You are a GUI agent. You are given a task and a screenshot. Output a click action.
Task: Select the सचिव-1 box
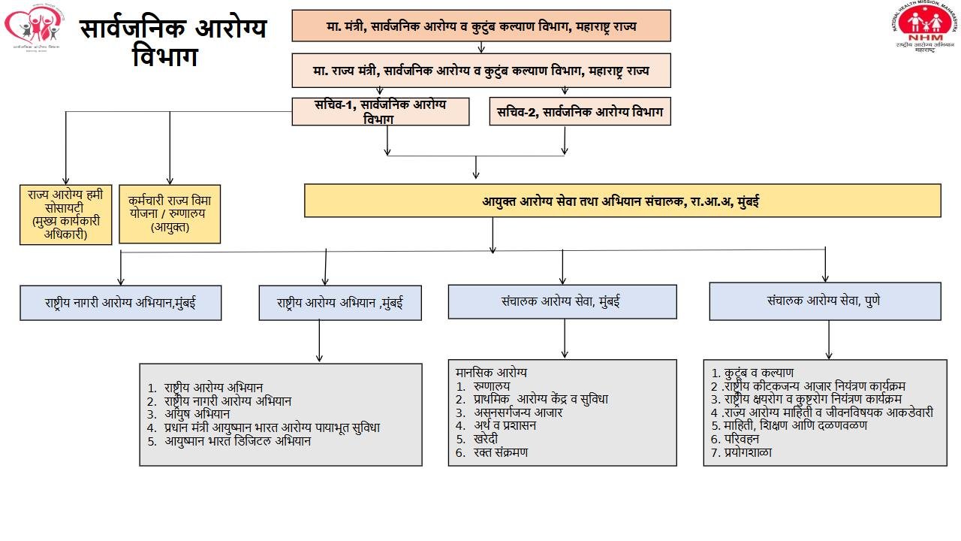tap(380, 111)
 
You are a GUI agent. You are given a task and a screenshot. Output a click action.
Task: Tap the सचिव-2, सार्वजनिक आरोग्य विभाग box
tap(580, 111)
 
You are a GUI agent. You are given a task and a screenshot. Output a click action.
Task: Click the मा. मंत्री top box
tap(480, 26)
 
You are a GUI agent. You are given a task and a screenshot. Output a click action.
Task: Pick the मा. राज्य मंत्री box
tap(480, 71)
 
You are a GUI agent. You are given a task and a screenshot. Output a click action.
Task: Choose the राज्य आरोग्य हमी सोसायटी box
tap(65, 213)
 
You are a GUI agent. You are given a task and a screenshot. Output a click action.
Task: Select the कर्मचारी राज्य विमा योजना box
tap(170, 213)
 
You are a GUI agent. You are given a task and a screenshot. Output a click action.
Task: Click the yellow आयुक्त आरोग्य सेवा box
tap(622, 201)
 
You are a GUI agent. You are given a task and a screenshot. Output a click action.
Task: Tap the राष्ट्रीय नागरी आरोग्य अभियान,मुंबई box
tap(120, 303)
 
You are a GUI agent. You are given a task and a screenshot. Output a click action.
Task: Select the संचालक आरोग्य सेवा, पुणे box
tap(824, 301)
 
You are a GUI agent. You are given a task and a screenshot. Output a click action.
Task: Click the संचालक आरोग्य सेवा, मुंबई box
tap(562, 301)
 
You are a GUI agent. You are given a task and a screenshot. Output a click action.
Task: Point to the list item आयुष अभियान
tap(197, 414)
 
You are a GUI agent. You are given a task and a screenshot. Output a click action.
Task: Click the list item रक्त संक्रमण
tap(501, 452)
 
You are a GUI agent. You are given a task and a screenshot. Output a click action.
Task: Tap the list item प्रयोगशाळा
tap(748, 452)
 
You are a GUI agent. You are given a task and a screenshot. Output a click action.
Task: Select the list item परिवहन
tap(742, 439)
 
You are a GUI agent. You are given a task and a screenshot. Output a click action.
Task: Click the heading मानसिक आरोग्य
tap(491, 372)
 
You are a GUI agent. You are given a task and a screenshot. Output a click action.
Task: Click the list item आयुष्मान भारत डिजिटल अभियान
tap(237, 441)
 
